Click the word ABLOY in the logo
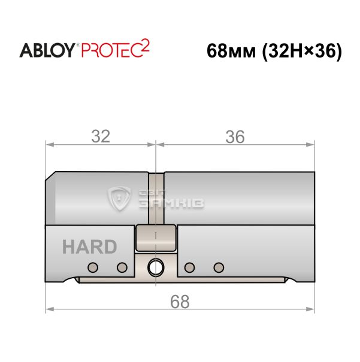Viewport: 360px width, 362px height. tap(47, 50)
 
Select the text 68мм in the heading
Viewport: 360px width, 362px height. tap(231, 51)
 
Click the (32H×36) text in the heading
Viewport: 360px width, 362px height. tap(302, 51)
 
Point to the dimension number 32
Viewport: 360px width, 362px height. tap(101, 136)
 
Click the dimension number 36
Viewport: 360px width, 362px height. tap(235, 136)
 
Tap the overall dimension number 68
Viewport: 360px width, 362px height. tap(180, 302)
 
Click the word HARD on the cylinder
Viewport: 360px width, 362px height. tap(89, 247)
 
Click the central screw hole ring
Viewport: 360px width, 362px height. tap(156, 267)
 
